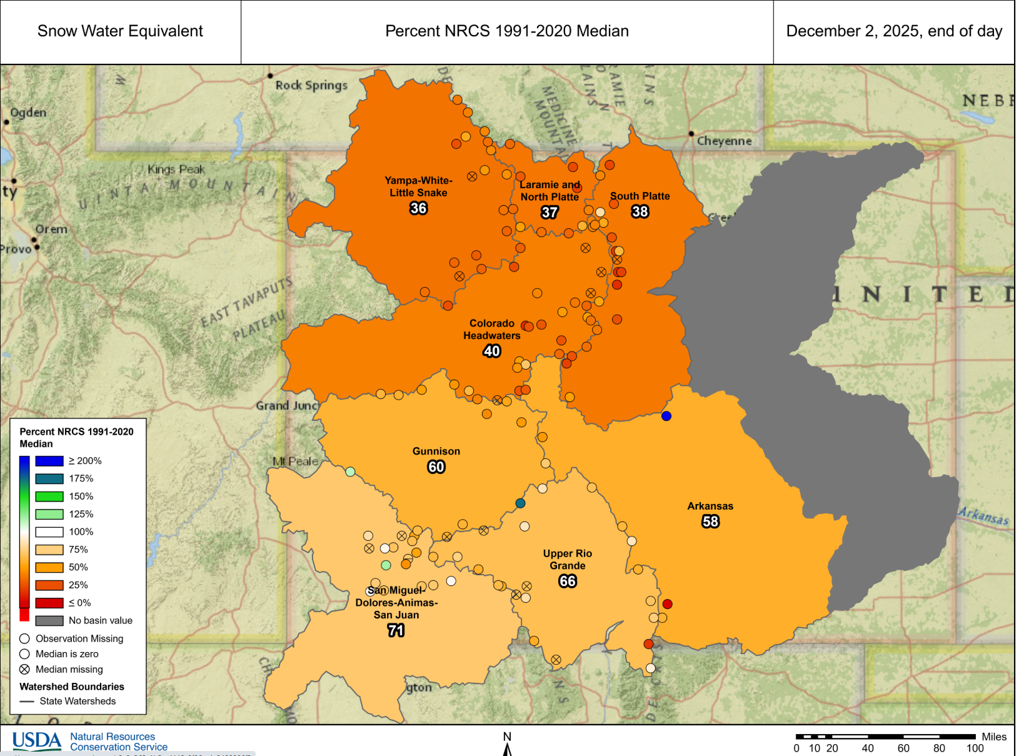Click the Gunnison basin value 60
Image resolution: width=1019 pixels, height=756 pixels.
pos(436,466)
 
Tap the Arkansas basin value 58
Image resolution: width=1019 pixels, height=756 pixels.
pos(710,522)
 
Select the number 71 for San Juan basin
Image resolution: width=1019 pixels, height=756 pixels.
pos(396,630)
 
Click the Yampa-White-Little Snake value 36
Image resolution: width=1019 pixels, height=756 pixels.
pos(418,208)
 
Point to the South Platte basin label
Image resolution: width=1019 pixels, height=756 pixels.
pos(640,196)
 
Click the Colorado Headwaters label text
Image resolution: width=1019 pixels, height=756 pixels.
pos(491,329)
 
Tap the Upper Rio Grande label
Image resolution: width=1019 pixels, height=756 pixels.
pos(567,559)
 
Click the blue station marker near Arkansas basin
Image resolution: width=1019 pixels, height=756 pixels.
pos(666,416)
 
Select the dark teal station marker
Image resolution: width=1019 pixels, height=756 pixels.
pos(520,503)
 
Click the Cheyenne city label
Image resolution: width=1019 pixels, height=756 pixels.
pos(724,141)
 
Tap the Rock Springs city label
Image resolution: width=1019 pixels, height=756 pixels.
pos(311,85)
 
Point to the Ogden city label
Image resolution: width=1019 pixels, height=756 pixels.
pos(28,113)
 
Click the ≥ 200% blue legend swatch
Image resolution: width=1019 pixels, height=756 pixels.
pos(49,461)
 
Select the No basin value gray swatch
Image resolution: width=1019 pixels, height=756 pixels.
pos(49,620)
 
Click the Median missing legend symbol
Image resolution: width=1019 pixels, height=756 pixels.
pos(24,669)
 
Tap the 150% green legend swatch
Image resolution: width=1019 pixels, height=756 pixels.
pos(49,496)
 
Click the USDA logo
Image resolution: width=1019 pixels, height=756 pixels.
pos(37,740)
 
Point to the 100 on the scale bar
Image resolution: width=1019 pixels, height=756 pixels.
pos(975,748)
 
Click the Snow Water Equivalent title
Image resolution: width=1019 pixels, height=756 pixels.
pos(120,31)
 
